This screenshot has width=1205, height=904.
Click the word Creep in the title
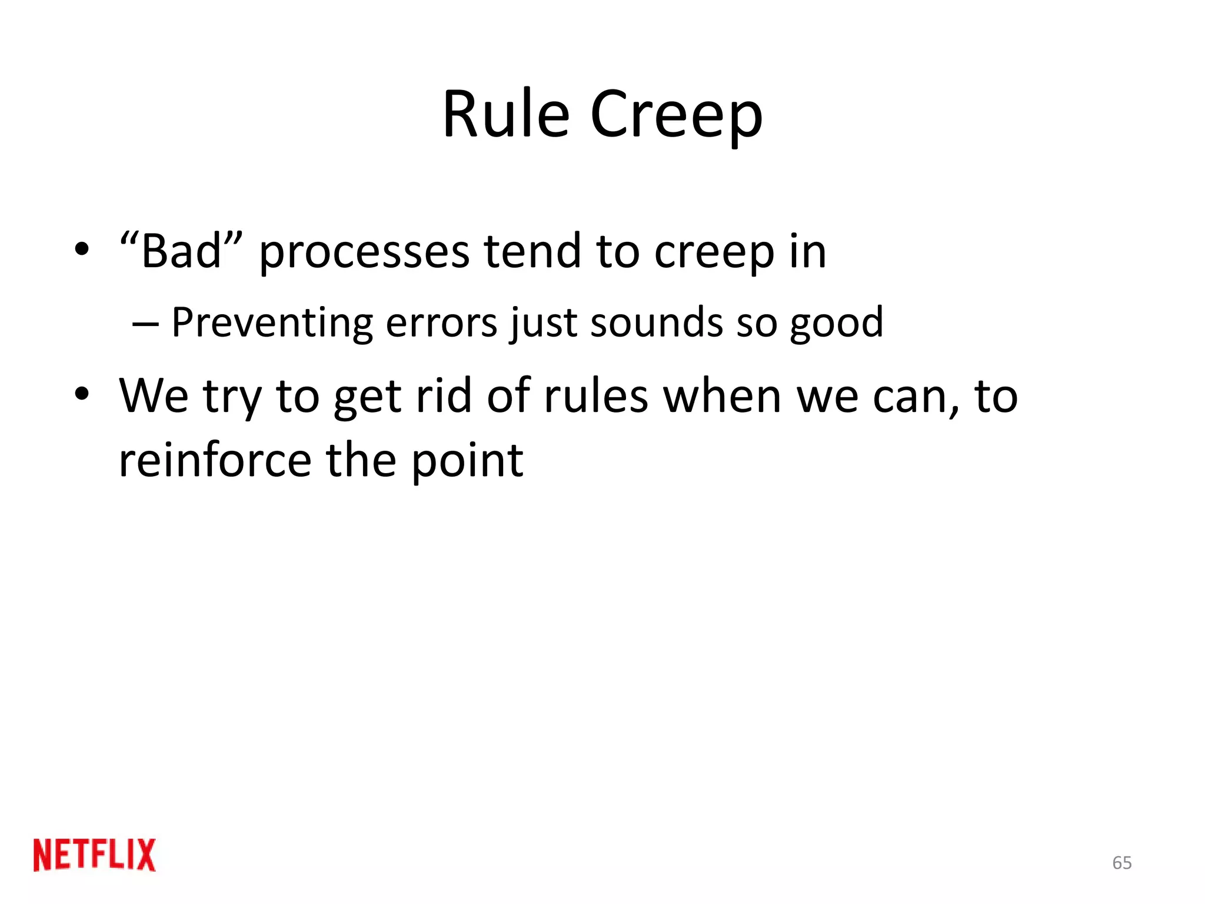click(x=676, y=115)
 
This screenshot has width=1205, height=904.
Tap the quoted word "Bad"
click(x=181, y=251)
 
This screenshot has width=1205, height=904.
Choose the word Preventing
click(x=272, y=324)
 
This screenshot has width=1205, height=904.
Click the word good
click(x=836, y=324)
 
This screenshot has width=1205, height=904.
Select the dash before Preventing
click(x=145, y=324)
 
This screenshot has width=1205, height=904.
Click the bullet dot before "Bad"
click(x=82, y=249)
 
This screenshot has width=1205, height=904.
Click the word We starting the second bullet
click(x=154, y=395)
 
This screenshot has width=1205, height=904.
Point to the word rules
click(x=595, y=395)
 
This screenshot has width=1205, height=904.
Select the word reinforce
click(x=215, y=460)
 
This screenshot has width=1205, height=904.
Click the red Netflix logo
click(x=95, y=855)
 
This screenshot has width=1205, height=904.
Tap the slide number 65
click(x=1121, y=863)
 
